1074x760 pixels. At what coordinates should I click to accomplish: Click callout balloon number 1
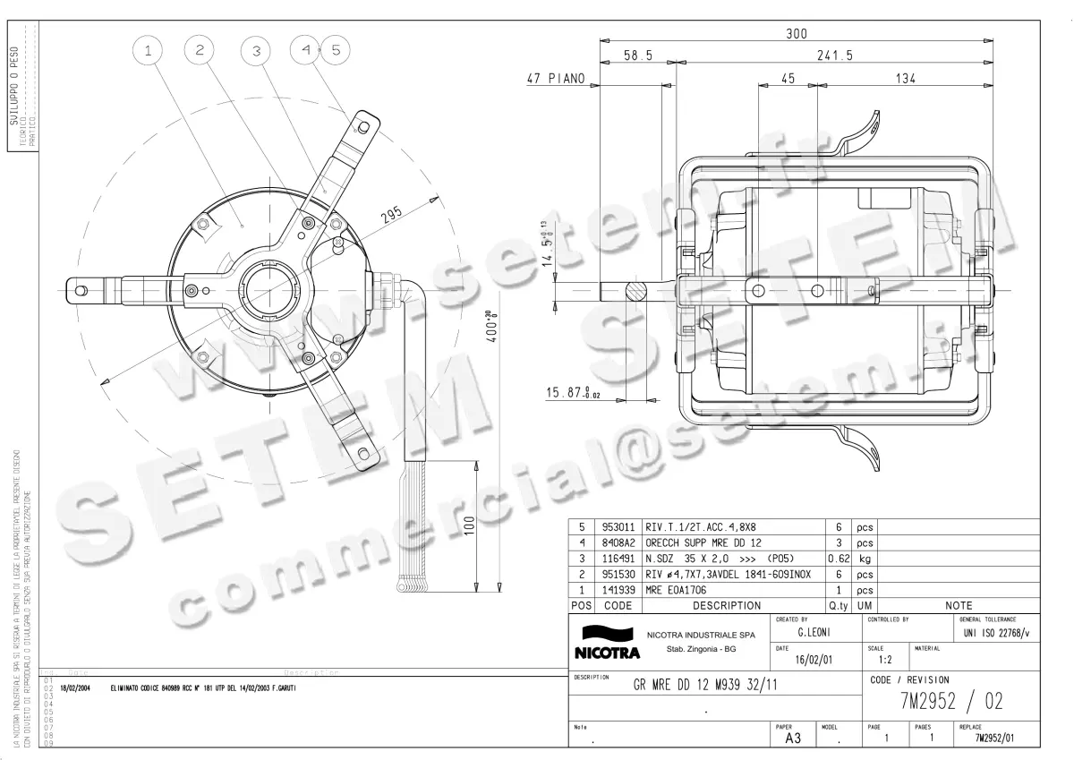coord(148,51)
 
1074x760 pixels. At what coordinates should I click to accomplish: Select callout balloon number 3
coord(255,51)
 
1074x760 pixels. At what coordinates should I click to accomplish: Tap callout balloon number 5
coord(335,51)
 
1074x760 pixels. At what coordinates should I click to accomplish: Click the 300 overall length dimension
coord(796,34)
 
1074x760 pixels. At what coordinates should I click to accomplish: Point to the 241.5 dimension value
coord(835,56)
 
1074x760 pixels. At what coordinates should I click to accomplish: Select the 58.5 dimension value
coord(638,56)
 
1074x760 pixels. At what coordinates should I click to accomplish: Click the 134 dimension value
coord(906,79)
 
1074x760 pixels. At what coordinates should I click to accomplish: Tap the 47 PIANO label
coord(555,79)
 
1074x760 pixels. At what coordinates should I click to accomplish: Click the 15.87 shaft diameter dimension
coord(574,393)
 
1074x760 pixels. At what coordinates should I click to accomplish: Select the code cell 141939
coord(618,590)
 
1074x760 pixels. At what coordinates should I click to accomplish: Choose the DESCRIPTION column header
coord(727,606)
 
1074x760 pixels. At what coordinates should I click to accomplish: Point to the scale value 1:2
coord(884,660)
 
